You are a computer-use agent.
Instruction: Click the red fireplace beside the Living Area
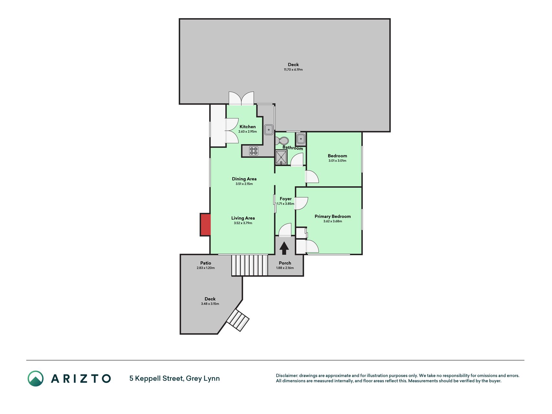(205, 224)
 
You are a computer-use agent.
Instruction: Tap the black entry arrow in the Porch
(284, 248)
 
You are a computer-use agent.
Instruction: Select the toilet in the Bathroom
(282, 141)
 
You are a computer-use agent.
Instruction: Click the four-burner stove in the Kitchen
(254, 151)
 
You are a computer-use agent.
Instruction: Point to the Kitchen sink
(269, 130)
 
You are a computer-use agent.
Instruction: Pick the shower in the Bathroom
(281, 158)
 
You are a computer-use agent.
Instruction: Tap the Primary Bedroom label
(333, 216)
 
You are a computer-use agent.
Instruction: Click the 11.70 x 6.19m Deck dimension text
(293, 70)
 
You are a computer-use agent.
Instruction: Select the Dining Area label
(244, 179)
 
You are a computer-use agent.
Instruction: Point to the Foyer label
(286, 199)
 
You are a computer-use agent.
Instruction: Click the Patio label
(206, 263)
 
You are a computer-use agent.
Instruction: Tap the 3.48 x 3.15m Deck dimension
(210, 304)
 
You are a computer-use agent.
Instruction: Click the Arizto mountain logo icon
(36, 378)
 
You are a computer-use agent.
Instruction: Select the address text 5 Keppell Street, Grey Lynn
(175, 378)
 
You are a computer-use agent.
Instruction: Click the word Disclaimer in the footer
(287, 376)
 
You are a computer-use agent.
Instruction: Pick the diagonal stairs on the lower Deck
(238, 320)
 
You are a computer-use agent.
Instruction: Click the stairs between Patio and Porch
(250, 265)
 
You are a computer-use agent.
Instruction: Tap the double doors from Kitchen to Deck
(241, 98)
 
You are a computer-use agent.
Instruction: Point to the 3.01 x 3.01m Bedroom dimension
(337, 161)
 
